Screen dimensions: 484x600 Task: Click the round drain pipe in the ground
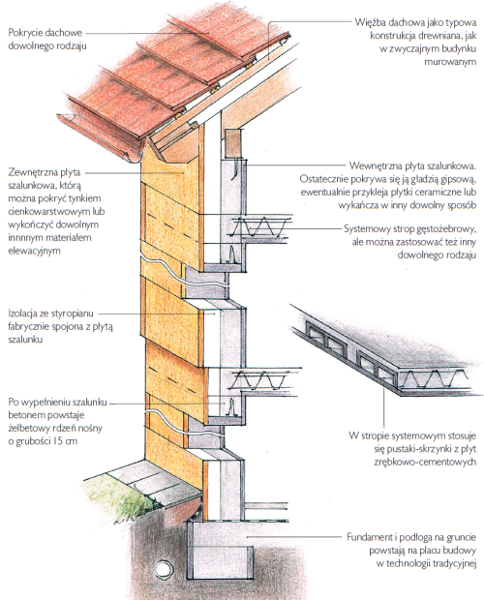coord(164,569)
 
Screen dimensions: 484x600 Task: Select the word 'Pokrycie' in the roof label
coord(25,33)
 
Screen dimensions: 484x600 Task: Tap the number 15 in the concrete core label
coord(58,441)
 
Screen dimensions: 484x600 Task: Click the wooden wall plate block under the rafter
coord(233,143)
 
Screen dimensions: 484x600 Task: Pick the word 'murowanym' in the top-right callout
coord(450,61)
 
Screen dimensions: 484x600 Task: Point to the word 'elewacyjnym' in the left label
coord(34,251)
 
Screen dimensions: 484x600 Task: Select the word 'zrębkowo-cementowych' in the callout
coord(425,462)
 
